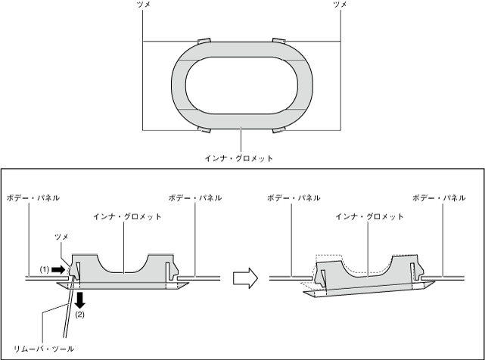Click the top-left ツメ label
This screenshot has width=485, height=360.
click(x=143, y=5)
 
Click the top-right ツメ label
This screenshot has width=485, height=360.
click(x=340, y=5)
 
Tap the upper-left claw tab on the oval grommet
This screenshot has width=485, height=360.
click(x=204, y=41)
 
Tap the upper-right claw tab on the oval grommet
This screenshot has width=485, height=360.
click(x=279, y=41)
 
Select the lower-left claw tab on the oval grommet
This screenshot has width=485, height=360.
click(x=204, y=129)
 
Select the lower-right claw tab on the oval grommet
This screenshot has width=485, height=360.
click(x=279, y=129)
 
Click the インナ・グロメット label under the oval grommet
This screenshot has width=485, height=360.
click(x=239, y=158)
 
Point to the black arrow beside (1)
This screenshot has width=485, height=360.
click(x=58, y=270)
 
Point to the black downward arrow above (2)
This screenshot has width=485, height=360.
click(x=79, y=300)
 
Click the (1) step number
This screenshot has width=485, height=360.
click(x=45, y=270)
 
